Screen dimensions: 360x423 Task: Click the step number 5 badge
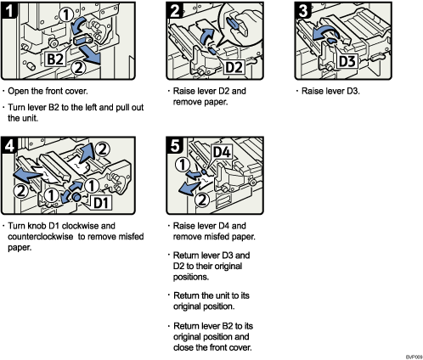[176, 145]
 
